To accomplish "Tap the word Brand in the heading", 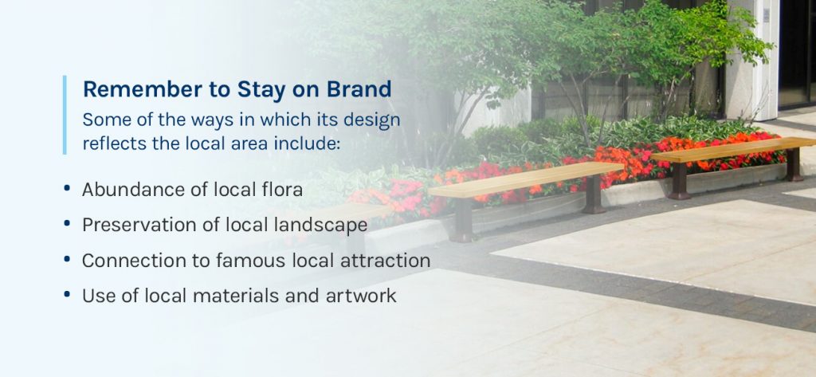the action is tap(359, 89).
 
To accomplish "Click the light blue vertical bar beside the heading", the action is tap(65, 115).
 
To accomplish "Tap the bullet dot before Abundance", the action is tap(67, 188).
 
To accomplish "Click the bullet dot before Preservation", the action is tap(67, 224).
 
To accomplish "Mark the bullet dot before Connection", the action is tap(67, 259).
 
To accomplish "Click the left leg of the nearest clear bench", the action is tap(464, 219).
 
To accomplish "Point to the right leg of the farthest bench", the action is tap(794, 164).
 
